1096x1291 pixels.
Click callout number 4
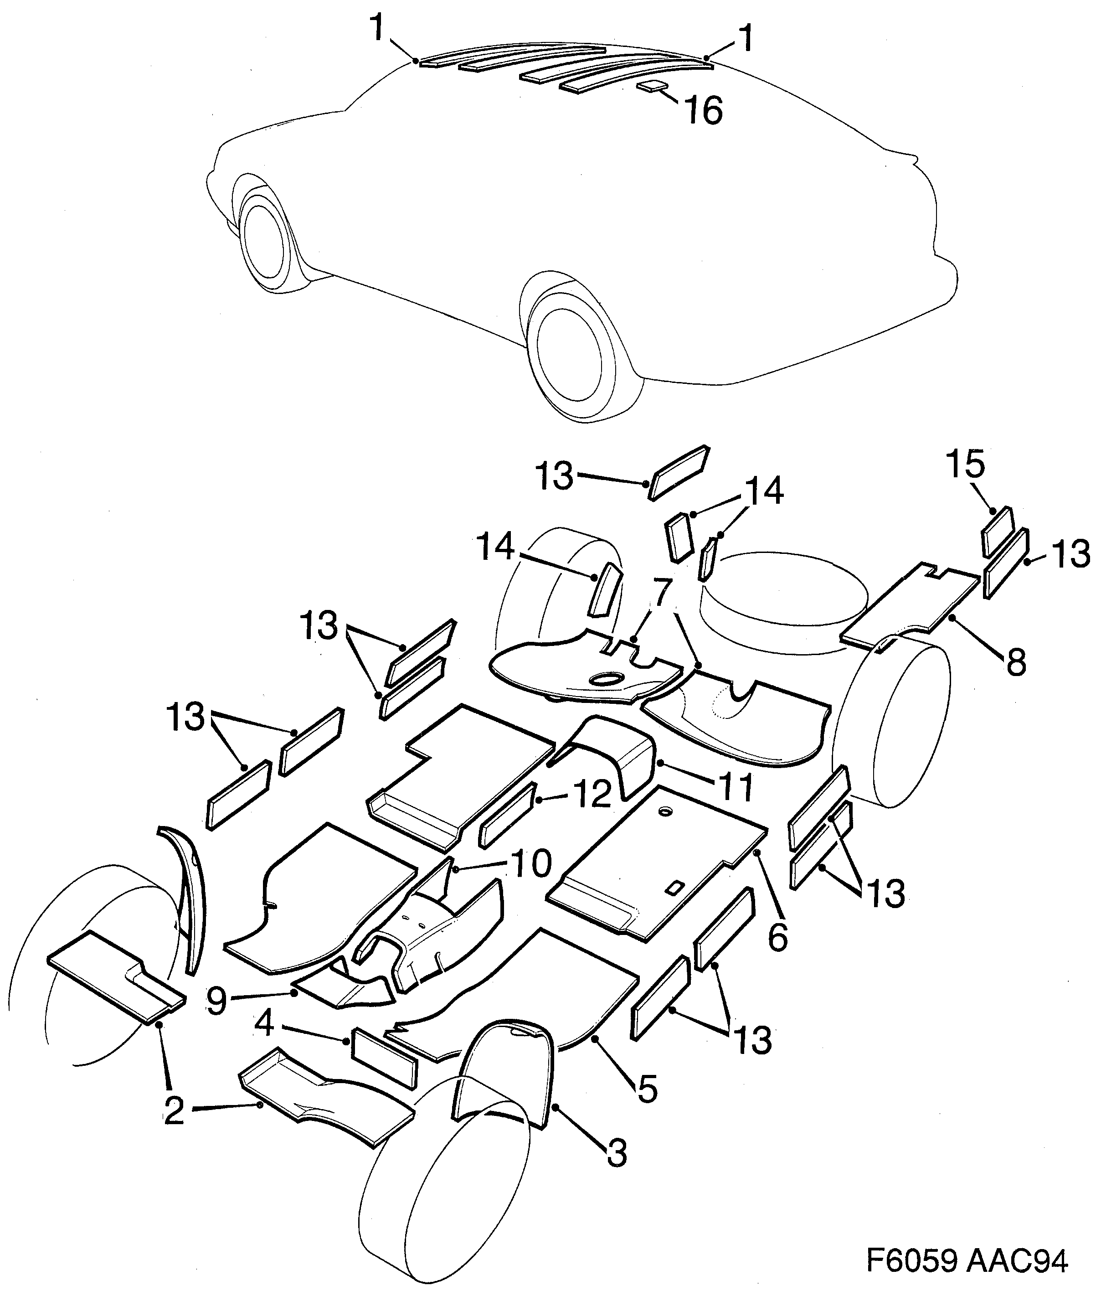tap(265, 1024)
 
